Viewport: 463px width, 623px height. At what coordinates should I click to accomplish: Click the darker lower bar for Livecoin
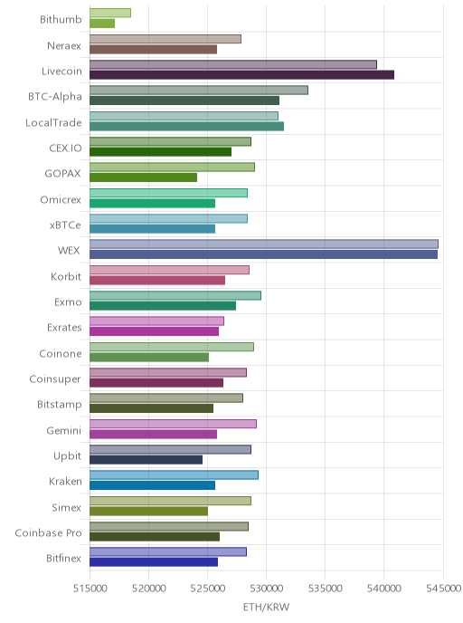tap(241, 74)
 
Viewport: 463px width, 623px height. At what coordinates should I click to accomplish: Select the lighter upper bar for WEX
tap(264, 244)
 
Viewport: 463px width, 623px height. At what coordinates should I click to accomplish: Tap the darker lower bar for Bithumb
tap(102, 24)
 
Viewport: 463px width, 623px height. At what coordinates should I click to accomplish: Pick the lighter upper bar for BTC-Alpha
tap(199, 91)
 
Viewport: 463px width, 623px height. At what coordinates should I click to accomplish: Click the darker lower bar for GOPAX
tap(143, 177)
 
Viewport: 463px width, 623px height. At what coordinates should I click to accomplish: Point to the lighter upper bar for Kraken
tap(174, 474)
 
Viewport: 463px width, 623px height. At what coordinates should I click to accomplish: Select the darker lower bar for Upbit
tap(146, 460)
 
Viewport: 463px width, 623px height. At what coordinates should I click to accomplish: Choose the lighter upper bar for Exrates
tap(156, 321)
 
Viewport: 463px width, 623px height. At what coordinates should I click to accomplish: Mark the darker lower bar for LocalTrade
tap(186, 127)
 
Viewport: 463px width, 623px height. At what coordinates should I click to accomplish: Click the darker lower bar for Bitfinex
tap(154, 562)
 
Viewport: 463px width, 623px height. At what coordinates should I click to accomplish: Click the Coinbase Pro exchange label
tap(49, 532)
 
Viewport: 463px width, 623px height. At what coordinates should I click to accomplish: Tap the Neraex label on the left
tap(64, 45)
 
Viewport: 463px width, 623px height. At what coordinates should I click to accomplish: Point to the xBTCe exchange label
tap(65, 225)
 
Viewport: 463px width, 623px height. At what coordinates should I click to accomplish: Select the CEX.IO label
tap(65, 149)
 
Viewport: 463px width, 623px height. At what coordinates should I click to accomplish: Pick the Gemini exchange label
tap(64, 430)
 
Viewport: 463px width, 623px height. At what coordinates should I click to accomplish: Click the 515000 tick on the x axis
tap(90, 588)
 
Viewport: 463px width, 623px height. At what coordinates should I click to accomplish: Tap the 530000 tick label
tap(266, 588)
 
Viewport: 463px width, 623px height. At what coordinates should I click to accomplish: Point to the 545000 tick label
tap(444, 588)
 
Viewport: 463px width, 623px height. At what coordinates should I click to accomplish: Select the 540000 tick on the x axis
tap(384, 588)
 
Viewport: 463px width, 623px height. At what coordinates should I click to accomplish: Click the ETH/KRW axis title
tap(266, 607)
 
